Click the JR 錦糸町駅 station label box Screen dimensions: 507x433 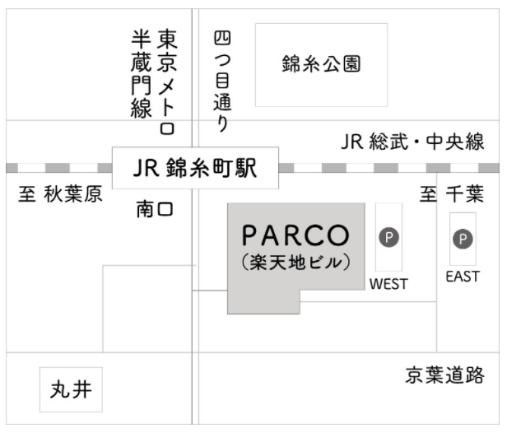point(195,168)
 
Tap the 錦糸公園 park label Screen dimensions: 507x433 point(321,65)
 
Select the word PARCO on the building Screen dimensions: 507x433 point(295,235)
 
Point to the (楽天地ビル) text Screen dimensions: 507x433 point(296,264)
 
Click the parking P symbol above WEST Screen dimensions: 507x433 point(388,237)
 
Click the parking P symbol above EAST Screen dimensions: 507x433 point(463,239)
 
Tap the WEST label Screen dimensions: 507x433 point(388,284)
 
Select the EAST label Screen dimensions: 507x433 point(463,277)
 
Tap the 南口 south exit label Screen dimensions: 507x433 point(156,210)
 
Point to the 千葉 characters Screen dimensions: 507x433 point(467,195)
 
